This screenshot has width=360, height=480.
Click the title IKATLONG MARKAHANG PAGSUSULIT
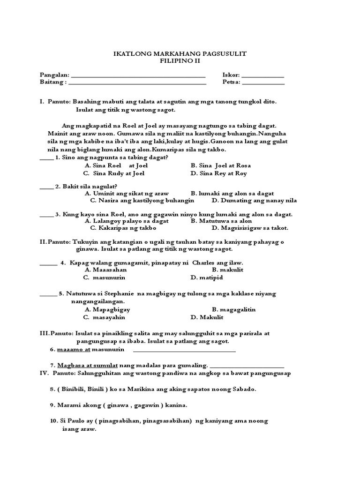(180, 54)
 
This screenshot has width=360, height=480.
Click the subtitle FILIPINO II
(180, 61)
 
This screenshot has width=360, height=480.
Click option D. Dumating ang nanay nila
(254, 201)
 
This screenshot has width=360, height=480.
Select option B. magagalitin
(233, 309)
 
